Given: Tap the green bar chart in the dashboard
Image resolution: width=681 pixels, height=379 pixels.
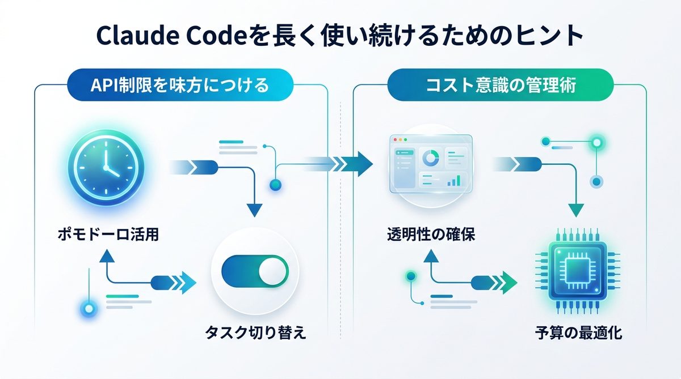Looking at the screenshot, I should [453, 181].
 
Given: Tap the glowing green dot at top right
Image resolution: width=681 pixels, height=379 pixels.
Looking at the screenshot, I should [596, 141].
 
